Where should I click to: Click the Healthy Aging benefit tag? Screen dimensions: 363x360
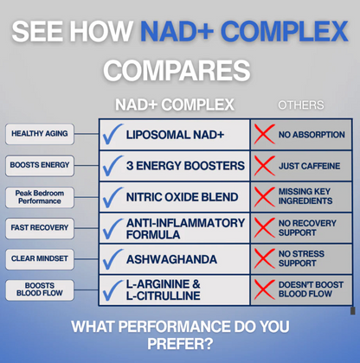(40, 134)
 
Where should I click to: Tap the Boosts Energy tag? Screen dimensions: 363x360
(40, 164)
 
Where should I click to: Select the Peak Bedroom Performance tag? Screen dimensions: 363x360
(40, 196)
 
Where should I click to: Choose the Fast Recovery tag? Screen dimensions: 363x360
(40, 227)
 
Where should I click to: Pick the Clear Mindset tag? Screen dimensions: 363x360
(40, 258)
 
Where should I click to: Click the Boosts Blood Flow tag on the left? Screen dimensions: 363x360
(40, 290)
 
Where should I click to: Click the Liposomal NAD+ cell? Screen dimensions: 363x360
(174, 135)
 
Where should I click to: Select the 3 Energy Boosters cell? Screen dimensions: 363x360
(184, 165)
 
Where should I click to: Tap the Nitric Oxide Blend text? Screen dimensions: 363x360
(182, 197)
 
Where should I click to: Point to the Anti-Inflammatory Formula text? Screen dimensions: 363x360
(185, 228)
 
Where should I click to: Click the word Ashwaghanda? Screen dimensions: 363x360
(170, 259)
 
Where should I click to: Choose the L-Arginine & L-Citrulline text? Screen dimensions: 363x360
(164, 290)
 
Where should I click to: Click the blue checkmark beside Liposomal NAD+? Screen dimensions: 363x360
(112, 135)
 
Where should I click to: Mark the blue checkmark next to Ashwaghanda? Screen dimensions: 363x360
(112, 259)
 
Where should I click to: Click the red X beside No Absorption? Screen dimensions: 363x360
(263, 135)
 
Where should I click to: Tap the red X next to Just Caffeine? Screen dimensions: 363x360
(263, 165)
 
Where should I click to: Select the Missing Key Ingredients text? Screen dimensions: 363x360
(305, 196)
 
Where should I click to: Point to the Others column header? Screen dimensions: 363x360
(300, 105)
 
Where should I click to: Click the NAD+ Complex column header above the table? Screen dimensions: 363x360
(174, 105)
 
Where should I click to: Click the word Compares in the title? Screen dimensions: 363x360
(177, 69)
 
